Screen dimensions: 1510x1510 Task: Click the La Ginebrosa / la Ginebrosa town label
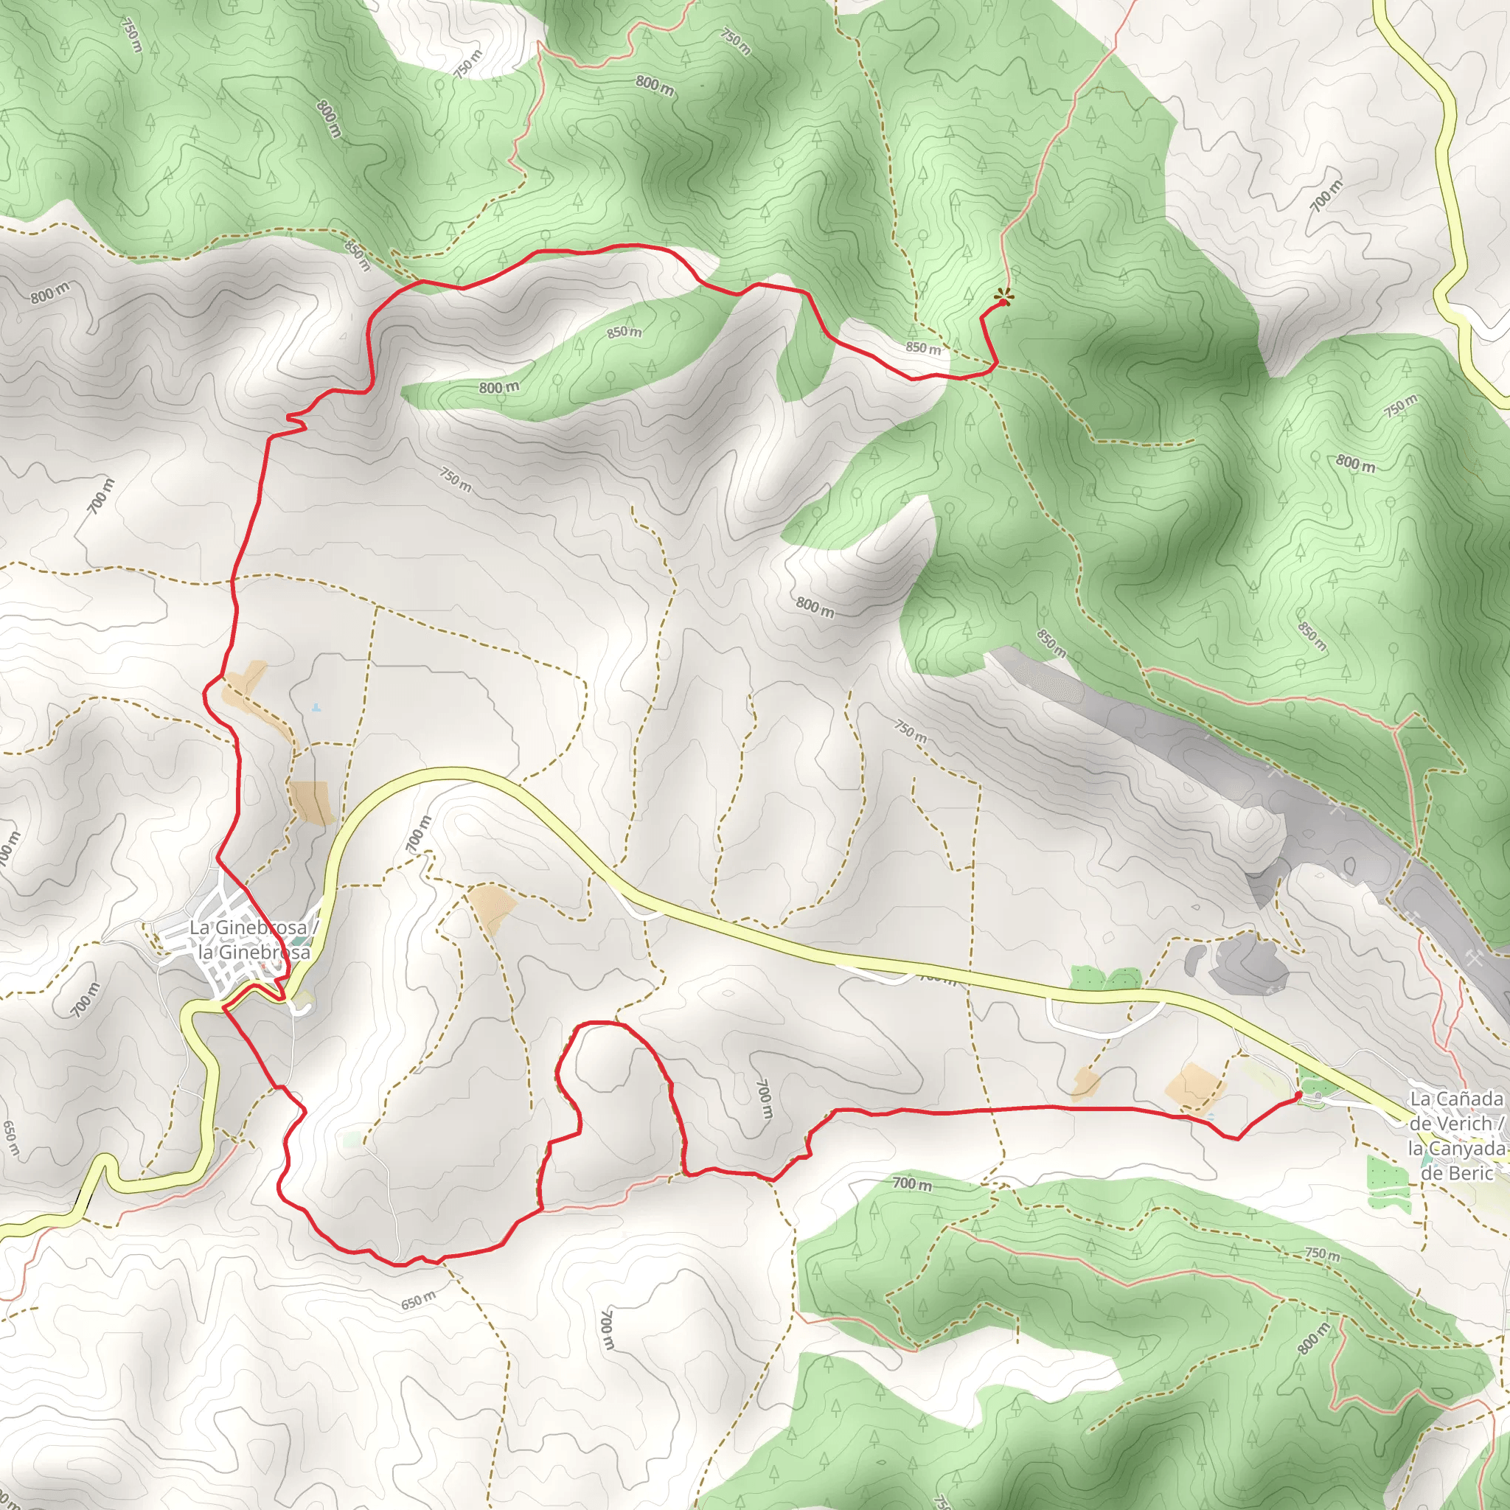pos(250,939)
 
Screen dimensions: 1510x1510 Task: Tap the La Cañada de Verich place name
pos(1456,1135)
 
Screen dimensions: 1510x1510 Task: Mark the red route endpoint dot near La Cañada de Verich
pos(1299,1096)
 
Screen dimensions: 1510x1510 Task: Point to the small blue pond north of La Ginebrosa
pos(316,707)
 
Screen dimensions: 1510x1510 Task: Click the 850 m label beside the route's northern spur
pos(923,348)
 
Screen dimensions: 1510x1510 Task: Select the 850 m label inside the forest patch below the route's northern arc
pos(624,333)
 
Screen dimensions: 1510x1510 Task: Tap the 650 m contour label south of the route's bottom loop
pos(419,1301)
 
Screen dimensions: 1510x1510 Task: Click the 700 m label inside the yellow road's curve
pos(419,833)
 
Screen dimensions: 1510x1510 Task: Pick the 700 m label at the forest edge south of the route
pos(912,1184)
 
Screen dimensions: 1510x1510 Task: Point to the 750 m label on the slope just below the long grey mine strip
pos(911,731)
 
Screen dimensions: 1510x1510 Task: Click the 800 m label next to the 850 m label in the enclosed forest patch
pos(498,387)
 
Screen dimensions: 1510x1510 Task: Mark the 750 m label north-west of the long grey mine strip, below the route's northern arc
pos(455,480)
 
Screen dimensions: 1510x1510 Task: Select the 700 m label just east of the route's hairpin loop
pos(765,1098)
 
